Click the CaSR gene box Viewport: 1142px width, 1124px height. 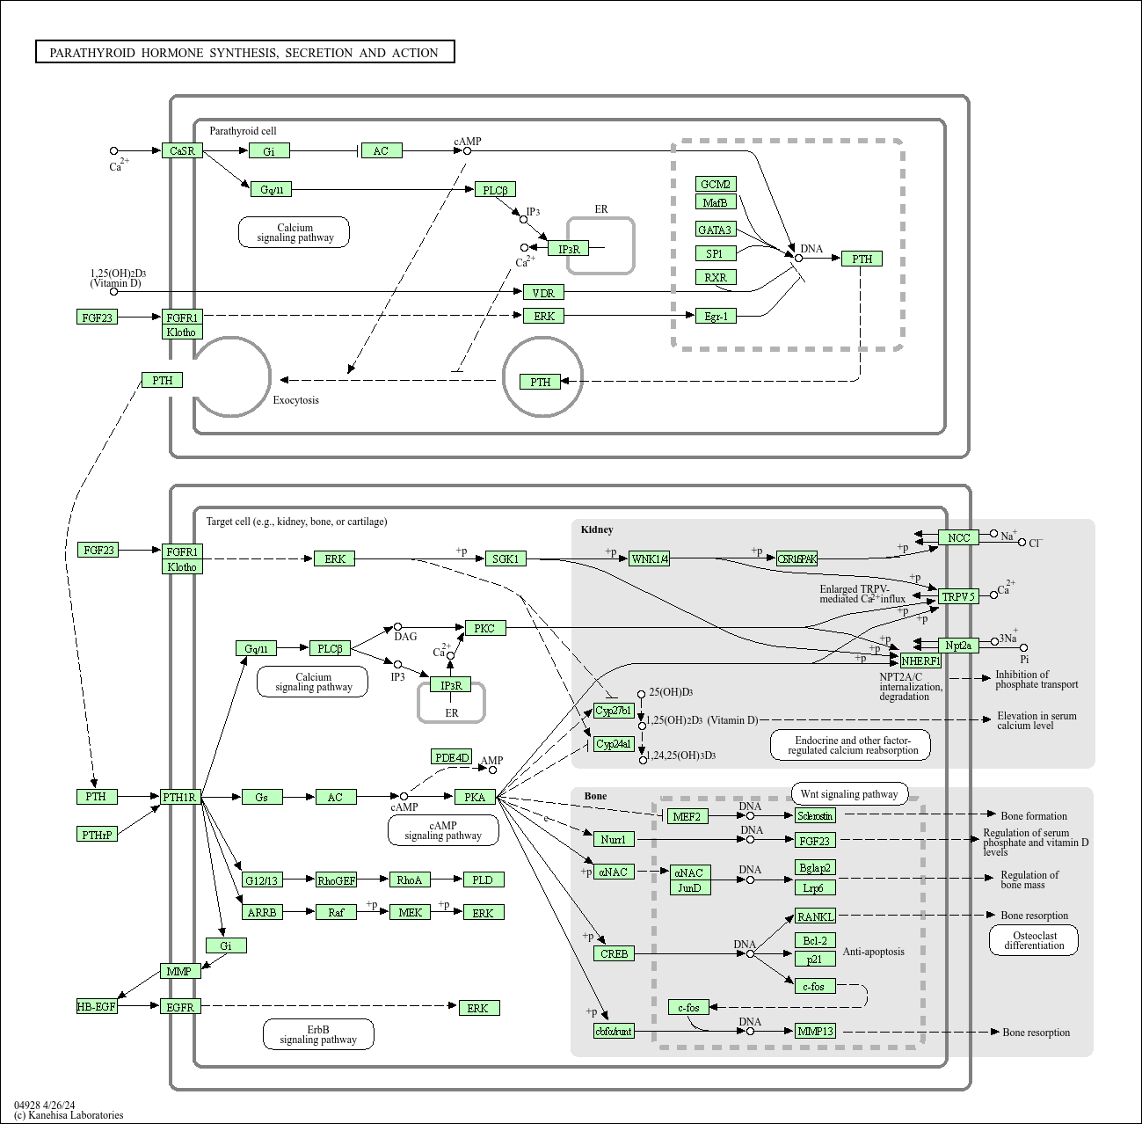click(x=182, y=150)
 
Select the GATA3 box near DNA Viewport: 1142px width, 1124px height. click(x=715, y=230)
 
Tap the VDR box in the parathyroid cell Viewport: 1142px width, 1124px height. click(x=543, y=292)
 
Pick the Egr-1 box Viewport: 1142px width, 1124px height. click(x=716, y=316)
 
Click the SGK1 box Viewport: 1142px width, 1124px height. click(x=506, y=558)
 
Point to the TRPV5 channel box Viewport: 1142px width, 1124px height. click(x=958, y=596)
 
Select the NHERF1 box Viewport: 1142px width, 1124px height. click(x=920, y=661)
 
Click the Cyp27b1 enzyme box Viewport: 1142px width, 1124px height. click(x=613, y=711)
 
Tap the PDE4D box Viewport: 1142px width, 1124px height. click(x=453, y=757)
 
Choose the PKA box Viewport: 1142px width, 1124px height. click(x=475, y=797)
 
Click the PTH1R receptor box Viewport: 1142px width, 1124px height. click(x=181, y=797)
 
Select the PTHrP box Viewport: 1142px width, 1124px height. click(x=97, y=835)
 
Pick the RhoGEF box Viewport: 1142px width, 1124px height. click(x=336, y=879)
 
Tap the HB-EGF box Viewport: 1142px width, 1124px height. click(x=96, y=1007)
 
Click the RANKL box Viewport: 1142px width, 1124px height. click(x=815, y=916)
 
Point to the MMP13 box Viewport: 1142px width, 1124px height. click(x=815, y=1031)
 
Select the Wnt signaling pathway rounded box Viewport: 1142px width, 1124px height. click(x=849, y=793)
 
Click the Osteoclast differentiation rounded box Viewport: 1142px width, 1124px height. click(x=1034, y=940)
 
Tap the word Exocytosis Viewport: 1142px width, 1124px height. click(x=295, y=400)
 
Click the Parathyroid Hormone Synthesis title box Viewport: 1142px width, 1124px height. click(x=244, y=53)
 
